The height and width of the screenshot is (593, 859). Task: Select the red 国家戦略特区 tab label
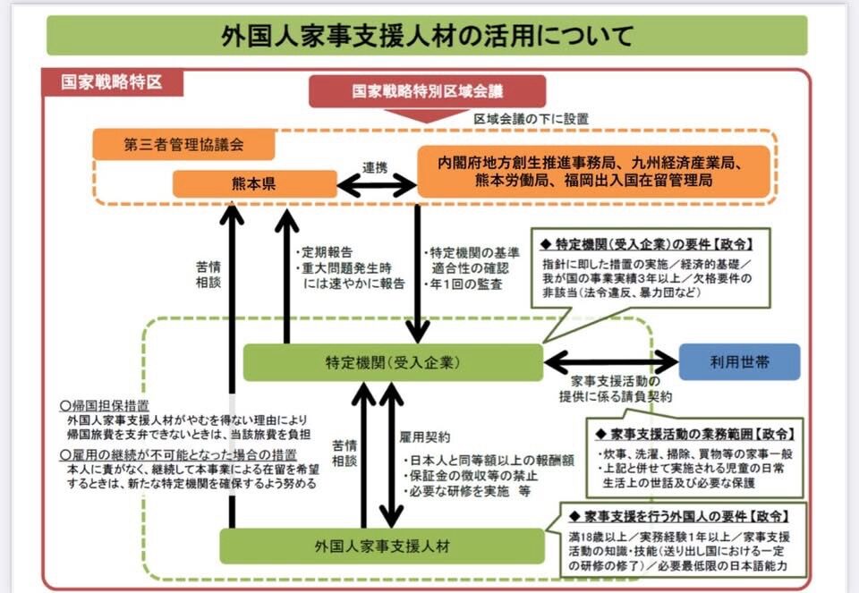(111, 82)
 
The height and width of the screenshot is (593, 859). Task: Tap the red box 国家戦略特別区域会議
(427, 91)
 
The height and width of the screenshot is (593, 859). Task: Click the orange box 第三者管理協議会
(184, 144)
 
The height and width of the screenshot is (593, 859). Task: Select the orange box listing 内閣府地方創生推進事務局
(593, 172)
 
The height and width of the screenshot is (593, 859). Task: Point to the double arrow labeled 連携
(376, 185)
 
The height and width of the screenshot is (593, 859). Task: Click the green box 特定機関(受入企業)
(393, 363)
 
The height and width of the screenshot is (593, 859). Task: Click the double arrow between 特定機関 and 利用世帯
(611, 362)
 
